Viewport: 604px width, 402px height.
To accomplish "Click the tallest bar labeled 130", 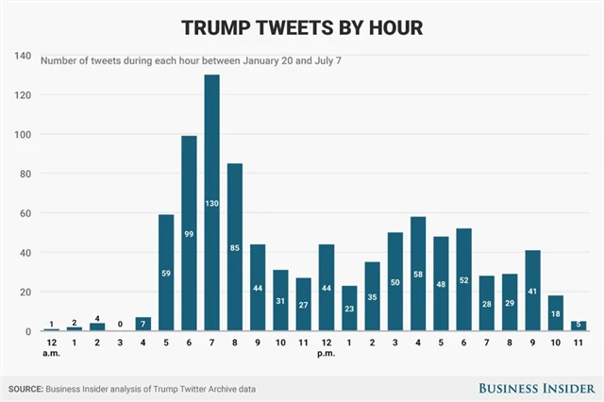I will (x=211, y=203).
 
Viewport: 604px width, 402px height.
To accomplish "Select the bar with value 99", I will (x=189, y=233).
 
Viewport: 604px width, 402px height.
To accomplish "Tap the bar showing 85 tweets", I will (x=235, y=247).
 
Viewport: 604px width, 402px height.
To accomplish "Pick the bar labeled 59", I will (x=166, y=273).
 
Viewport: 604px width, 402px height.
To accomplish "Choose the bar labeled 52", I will (x=464, y=279).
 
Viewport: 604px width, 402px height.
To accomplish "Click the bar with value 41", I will (x=533, y=291).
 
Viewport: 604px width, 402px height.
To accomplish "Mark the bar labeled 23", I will (x=349, y=308).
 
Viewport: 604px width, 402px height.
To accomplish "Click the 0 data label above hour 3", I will (x=120, y=323).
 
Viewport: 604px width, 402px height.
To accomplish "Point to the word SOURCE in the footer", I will (x=29, y=388).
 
